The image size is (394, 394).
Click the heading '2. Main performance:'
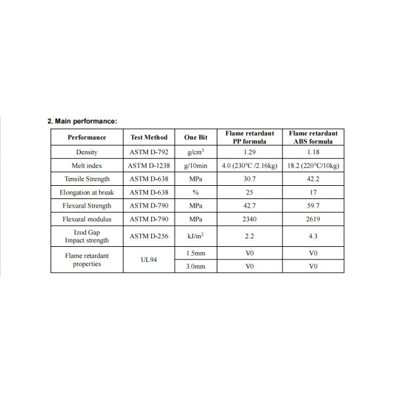[x=82, y=121]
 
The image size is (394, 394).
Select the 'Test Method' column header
[x=149, y=137]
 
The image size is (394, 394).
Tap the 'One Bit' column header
[x=195, y=137]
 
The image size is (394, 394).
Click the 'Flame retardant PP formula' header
[x=249, y=137]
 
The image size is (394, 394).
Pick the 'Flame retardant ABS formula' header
[x=313, y=137]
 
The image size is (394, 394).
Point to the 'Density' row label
[x=87, y=152]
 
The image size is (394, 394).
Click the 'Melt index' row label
[x=87, y=165]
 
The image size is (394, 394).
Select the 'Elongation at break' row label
[x=87, y=192]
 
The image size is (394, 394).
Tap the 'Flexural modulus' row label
[x=87, y=219]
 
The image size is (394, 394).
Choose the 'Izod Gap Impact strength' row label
[x=87, y=235]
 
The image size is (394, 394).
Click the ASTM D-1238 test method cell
[x=149, y=165]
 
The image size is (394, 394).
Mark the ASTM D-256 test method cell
[x=149, y=235]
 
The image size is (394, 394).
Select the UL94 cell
[x=149, y=259]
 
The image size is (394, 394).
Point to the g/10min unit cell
[x=195, y=165]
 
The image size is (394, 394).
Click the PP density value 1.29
[x=249, y=152]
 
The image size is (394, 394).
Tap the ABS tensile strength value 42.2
[x=313, y=179]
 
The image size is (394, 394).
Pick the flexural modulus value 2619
[x=313, y=219]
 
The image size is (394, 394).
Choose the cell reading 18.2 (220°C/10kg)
[x=313, y=165]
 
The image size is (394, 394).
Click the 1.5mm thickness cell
[x=195, y=252]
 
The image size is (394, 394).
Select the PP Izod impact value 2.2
[x=249, y=235]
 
